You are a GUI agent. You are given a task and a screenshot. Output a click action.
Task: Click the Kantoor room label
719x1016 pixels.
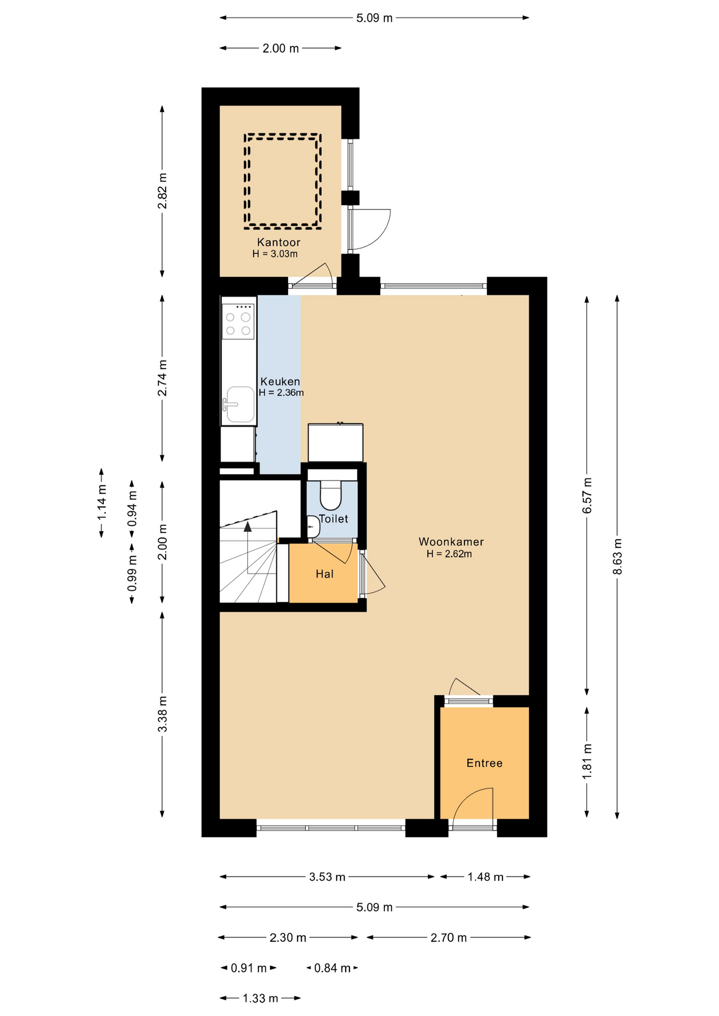point(278,242)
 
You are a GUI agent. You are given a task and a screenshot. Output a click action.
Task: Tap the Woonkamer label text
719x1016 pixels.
point(451,542)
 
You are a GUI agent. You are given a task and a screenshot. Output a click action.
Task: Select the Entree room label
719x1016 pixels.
point(484,763)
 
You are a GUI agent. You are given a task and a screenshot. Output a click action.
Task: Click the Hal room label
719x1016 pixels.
point(325,574)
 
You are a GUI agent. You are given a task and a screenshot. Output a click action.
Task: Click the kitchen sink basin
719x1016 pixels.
point(240,404)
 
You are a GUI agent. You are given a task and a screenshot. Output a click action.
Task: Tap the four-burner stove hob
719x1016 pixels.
point(238,322)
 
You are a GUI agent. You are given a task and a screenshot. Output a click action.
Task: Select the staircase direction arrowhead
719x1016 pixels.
point(247,525)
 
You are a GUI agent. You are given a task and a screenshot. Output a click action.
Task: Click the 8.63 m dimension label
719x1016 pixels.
point(617,556)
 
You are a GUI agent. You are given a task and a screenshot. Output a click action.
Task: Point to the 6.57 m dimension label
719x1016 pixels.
point(587,495)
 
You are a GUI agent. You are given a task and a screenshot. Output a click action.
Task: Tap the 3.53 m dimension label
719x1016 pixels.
point(327,877)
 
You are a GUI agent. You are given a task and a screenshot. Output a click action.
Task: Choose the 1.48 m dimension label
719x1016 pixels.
point(486,877)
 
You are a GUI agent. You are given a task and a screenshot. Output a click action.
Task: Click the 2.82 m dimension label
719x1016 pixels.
point(163,190)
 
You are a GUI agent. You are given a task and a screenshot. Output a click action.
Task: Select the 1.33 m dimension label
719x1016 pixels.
point(260,999)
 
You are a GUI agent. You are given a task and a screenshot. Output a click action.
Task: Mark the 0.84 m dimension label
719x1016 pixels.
point(332,968)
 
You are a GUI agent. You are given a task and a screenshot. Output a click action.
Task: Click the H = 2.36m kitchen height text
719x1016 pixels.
point(281,393)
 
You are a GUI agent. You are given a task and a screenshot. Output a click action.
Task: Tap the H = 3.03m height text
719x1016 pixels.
point(275,254)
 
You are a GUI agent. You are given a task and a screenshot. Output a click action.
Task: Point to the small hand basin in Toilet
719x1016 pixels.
point(313,527)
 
